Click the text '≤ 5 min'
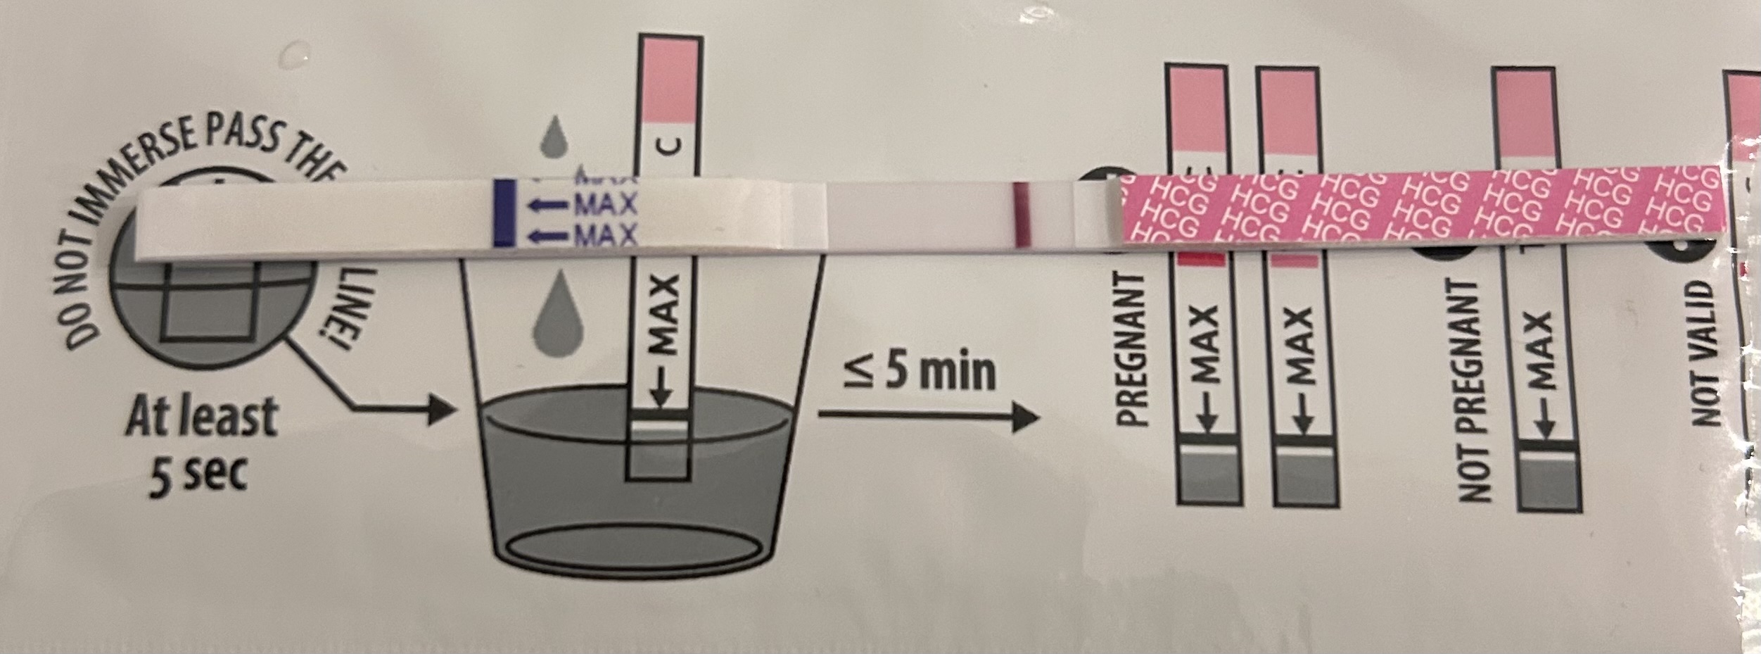coord(921,373)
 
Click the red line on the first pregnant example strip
coord(1201,260)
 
